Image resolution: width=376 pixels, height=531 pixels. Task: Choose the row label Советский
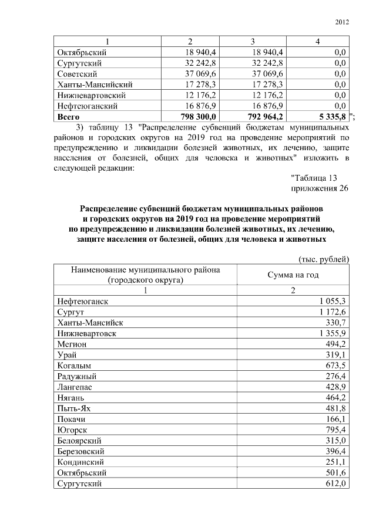coord(78,74)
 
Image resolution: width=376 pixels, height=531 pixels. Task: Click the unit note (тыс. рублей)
coord(324,259)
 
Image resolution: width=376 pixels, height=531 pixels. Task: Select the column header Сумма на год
coord(293,275)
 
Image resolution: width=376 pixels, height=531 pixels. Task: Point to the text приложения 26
coord(320,188)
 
